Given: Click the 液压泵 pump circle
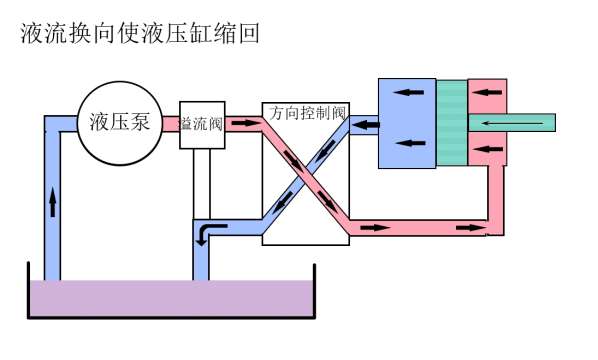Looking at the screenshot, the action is click(x=120, y=123).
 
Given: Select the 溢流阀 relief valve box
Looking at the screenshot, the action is click(x=202, y=125).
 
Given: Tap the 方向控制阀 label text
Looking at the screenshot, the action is click(x=307, y=113).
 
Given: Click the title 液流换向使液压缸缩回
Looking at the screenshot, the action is click(x=140, y=33).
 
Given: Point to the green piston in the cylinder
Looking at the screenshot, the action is click(x=452, y=123).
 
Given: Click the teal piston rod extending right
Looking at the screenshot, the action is click(x=512, y=123).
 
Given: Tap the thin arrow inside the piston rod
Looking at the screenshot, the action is click(x=512, y=123).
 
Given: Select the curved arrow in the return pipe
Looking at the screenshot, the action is click(x=209, y=234).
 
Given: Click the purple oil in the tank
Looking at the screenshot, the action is click(x=172, y=298).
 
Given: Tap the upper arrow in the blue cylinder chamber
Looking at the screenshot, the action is click(x=409, y=92).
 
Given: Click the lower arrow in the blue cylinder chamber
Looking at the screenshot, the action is click(x=410, y=143).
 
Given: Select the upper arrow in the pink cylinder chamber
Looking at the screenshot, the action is click(x=488, y=92).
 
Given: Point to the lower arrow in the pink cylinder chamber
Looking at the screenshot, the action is click(x=488, y=149).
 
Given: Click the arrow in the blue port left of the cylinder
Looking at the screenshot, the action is click(x=365, y=125).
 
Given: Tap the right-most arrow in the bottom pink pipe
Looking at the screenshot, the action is click(x=471, y=228).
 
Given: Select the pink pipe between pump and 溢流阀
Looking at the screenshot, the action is click(x=171, y=124).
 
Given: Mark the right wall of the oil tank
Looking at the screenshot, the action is click(x=314, y=291).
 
